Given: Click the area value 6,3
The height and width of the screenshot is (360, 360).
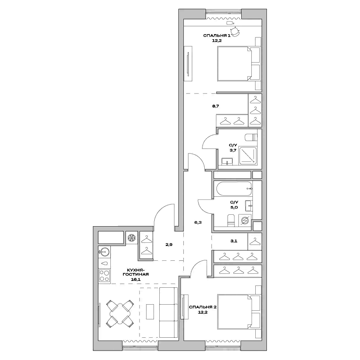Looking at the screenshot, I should click(198, 222).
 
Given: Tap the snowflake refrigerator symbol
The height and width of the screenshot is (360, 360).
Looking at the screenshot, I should click(131, 238).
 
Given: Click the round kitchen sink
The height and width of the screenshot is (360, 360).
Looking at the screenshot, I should click(104, 251).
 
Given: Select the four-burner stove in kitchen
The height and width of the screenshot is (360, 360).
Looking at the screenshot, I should click(104, 275).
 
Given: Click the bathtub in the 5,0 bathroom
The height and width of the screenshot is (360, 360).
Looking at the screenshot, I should click(233, 189).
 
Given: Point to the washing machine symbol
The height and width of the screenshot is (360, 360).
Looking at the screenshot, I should click(245, 220).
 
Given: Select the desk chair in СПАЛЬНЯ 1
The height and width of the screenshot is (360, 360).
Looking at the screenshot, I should click(235, 32).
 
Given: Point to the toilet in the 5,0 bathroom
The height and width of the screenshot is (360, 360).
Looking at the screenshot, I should click(231, 220).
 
